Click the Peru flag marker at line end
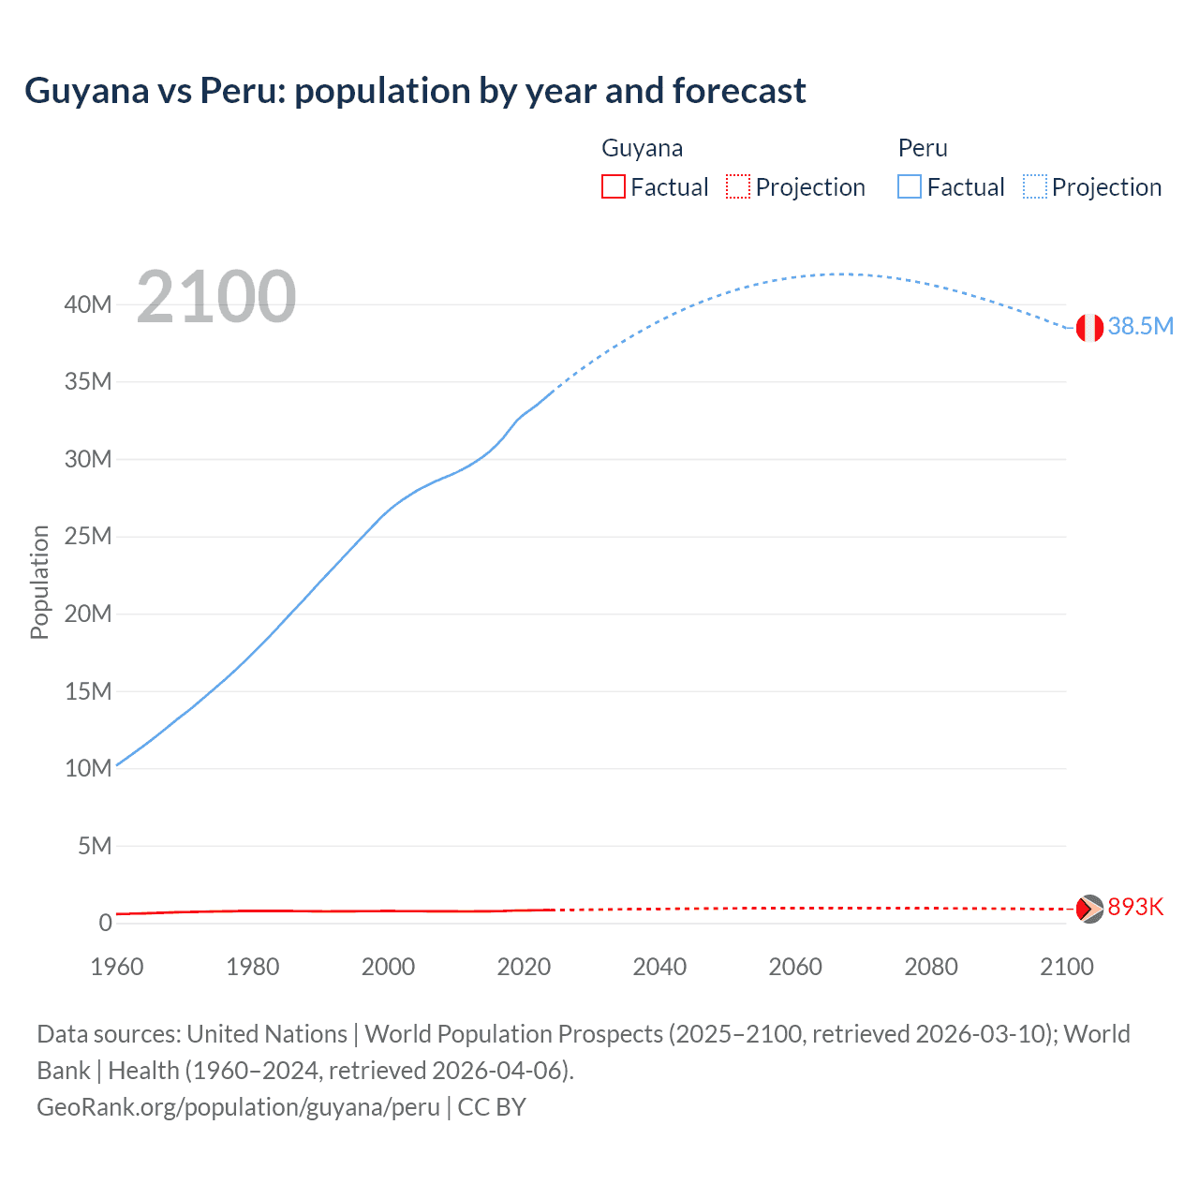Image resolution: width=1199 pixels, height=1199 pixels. tap(1088, 328)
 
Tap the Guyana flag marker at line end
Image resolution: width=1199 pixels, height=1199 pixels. tap(1088, 909)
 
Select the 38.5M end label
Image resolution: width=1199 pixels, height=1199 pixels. tap(1140, 326)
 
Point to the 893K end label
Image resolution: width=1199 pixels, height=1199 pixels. tap(1135, 907)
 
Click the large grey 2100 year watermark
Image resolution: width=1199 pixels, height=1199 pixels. tap(216, 298)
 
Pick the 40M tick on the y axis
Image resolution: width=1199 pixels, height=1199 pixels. tap(89, 304)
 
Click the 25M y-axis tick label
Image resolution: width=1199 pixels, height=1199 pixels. tap(89, 537)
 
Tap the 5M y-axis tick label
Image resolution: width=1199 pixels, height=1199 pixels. tap(95, 846)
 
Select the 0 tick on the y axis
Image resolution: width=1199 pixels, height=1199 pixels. tap(105, 923)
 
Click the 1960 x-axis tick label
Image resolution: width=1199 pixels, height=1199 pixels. tap(117, 967)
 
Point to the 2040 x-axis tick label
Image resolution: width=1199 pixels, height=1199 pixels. tap(659, 967)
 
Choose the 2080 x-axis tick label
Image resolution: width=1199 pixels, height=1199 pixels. tap(931, 967)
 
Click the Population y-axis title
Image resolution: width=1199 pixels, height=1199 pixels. tap(39, 582)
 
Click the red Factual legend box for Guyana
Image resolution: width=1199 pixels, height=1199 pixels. tap(613, 186)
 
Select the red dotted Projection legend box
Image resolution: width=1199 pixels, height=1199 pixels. tap(738, 186)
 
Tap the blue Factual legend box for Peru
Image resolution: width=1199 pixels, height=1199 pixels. tap(910, 186)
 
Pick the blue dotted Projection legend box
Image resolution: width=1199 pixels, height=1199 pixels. tap(1034, 186)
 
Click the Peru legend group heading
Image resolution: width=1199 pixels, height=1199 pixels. tap(923, 148)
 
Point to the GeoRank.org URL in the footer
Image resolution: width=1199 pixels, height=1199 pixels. tap(238, 1107)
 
